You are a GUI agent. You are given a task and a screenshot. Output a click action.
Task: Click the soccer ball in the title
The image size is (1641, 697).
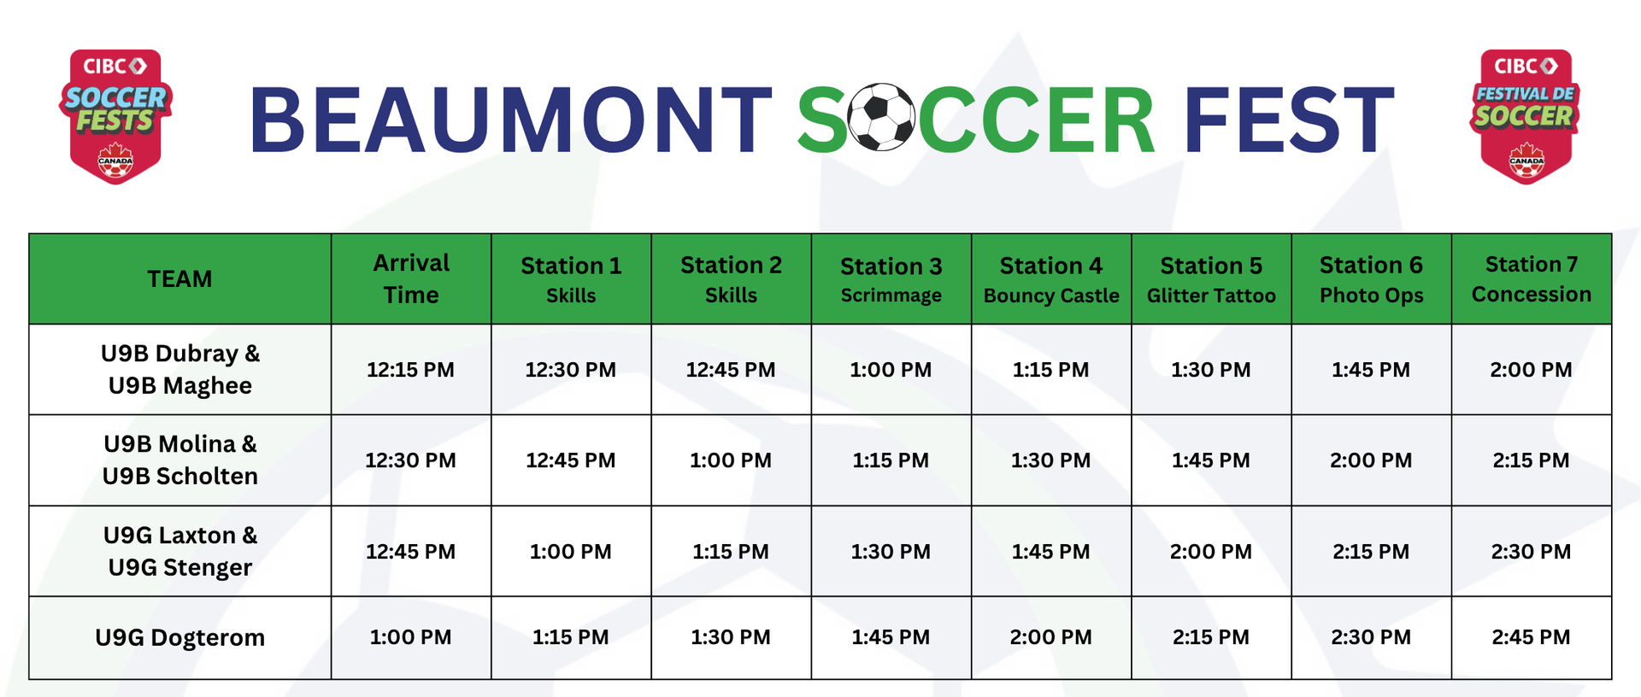point(881,117)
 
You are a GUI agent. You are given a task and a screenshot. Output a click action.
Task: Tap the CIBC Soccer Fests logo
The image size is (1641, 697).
point(115,116)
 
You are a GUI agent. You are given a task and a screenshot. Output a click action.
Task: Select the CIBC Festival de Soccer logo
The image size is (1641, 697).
point(1525,116)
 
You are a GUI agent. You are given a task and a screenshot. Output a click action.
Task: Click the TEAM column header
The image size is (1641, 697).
point(179,279)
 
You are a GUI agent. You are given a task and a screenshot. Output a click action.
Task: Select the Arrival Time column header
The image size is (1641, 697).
point(411,278)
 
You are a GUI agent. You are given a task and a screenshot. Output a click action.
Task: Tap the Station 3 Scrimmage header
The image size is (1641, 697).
point(891,280)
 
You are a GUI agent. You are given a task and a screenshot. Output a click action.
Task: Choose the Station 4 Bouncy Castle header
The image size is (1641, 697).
point(1051,280)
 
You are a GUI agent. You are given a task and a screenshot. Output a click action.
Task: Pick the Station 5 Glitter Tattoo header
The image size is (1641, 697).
point(1211,280)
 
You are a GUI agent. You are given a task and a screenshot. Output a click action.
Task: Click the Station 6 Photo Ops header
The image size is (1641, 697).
point(1371,280)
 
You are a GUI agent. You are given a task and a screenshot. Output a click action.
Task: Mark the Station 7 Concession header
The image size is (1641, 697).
point(1531,278)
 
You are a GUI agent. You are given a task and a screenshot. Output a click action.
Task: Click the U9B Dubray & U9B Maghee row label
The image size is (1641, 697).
point(179,369)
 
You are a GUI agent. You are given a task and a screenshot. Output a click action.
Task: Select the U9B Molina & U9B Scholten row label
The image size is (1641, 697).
point(179,460)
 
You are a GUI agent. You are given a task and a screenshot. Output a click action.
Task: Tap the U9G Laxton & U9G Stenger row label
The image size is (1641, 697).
point(179,551)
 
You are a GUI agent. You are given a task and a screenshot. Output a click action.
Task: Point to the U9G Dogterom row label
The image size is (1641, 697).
point(179,637)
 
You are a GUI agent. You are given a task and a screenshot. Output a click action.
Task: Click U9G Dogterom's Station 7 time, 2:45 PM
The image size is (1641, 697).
point(1531,637)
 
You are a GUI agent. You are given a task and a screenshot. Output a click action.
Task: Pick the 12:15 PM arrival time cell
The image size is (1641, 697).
point(410,370)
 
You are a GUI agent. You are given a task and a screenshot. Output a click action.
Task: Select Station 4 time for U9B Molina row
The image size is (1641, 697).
point(1050,460)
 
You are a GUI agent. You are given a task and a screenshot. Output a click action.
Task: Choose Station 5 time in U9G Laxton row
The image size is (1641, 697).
point(1210,552)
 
